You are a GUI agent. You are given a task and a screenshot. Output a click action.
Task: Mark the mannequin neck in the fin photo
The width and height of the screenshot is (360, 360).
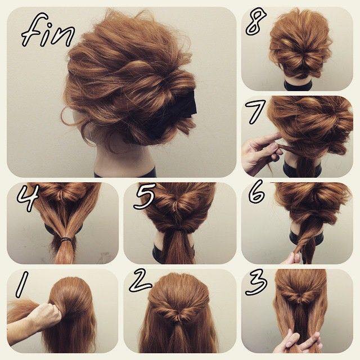(121, 163)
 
